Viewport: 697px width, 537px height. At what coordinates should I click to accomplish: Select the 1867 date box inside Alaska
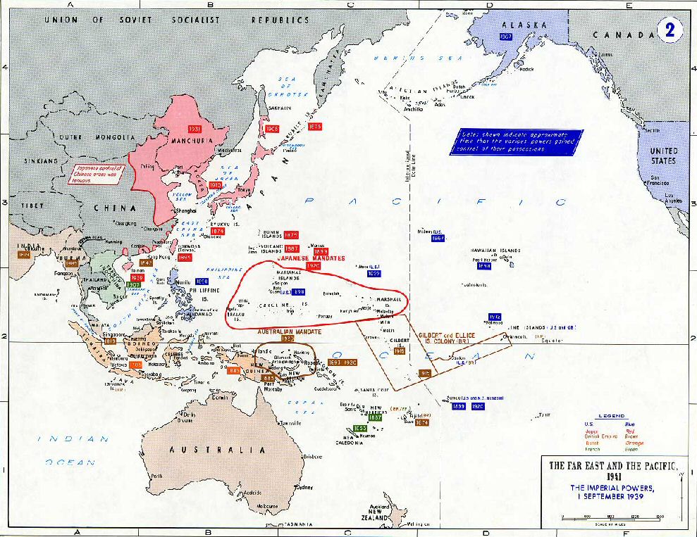[x=505, y=37]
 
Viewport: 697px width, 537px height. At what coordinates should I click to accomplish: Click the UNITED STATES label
[x=662, y=156]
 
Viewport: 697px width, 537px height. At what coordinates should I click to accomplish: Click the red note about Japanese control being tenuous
[x=99, y=173]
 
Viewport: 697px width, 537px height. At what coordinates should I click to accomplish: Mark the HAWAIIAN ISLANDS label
[x=498, y=251]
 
